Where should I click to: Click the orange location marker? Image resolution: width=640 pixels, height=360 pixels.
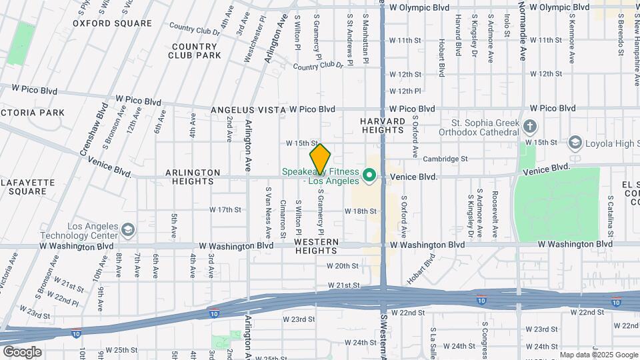point(320,160)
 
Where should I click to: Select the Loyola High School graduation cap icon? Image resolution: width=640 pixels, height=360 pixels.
point(575,143)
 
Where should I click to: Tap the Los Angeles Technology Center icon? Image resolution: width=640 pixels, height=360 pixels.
point(127,230)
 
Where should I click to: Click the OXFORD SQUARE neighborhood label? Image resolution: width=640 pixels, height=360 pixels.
point(112,23)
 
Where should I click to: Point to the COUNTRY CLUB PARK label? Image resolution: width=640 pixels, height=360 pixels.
point(195,51)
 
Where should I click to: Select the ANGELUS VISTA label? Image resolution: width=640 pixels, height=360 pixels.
point(248,109)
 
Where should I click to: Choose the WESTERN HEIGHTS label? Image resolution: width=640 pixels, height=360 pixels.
point(316,246)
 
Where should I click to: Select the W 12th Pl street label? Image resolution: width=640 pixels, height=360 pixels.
point(405,91)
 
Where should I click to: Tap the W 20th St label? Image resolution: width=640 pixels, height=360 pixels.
point(343,265)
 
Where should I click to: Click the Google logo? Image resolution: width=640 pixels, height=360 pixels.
point(22,351)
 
